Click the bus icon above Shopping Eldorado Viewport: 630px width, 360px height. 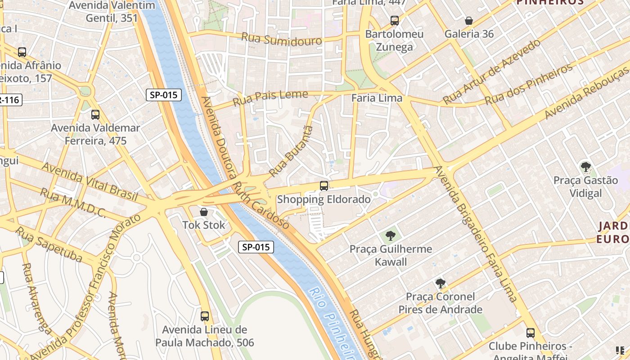[x=324, y=185]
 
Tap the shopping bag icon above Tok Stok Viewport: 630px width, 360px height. [x=204, y=211]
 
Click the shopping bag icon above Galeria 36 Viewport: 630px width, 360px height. [x=469, y=21]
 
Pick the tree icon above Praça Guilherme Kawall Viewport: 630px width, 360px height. [x=390, y=235]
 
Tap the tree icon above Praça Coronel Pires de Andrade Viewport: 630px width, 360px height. [x=441, y=283]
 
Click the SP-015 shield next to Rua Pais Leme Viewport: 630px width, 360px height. [x=164, y=95]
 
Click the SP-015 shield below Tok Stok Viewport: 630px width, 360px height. [x=256, y=247]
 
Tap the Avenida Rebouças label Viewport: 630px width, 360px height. [x=587, y=92]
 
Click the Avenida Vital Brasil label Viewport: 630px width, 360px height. [x=90, y=181]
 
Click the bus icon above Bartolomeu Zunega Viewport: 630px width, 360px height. [x=395, y=21]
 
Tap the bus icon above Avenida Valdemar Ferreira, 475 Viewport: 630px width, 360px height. [x=95, y=115]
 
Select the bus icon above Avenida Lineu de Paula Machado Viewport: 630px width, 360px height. [x=205, y=316]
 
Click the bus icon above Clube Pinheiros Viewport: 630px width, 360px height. [x=531, y=333]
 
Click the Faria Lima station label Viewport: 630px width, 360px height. [x=377, y=98]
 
